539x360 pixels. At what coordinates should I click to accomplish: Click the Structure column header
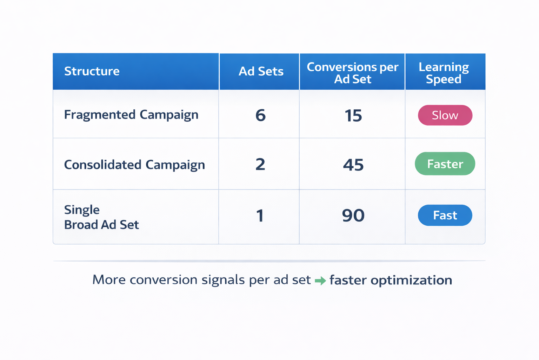(92, 71)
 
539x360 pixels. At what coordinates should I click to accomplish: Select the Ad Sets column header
(261, 71)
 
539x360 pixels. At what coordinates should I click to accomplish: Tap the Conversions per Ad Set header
(352, 73)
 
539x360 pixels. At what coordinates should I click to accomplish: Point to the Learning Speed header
(444, 73)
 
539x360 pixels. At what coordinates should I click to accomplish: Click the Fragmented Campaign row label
(131, 115)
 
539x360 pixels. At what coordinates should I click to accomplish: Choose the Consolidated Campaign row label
(134, 165)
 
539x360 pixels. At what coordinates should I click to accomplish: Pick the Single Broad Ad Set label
(101, 217)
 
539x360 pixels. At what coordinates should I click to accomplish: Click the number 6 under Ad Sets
(260, 115)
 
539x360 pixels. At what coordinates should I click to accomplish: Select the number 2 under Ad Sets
(260, 164)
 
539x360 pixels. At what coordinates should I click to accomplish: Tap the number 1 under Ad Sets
(260, 216)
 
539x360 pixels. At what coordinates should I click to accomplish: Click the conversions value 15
(353, 116)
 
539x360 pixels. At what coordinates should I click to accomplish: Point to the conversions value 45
(353, 165)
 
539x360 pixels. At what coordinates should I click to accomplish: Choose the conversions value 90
(353, 216)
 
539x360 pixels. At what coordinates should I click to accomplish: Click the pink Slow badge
(445, 115)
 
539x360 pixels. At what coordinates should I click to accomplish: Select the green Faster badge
(445, 164)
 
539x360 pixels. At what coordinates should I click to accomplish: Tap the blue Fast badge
(445, 215)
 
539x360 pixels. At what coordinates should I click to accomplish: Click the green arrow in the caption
(320, 281)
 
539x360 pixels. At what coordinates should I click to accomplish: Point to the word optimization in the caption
(411, 280)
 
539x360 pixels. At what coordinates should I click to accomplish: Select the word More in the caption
(109, 280)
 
